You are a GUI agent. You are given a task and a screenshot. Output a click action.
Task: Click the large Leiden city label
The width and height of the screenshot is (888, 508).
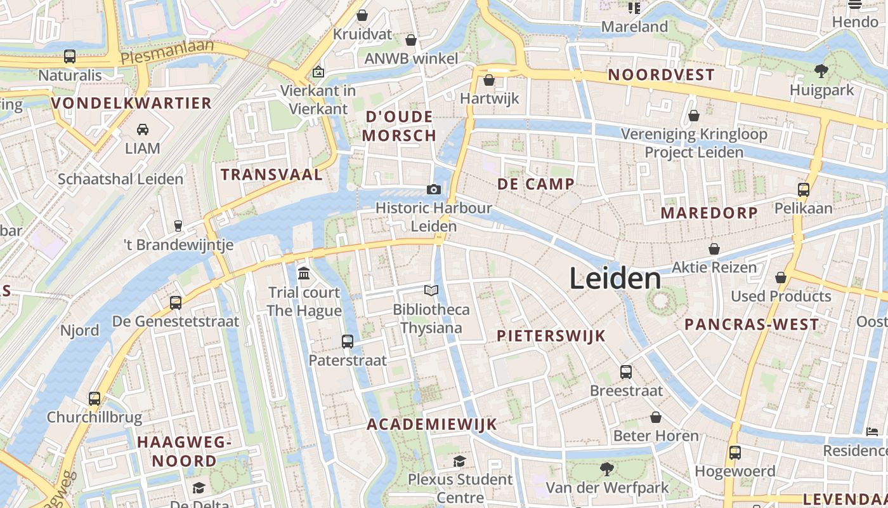[615, 278]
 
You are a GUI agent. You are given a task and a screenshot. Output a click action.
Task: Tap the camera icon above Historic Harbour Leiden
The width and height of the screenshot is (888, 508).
[434, 189]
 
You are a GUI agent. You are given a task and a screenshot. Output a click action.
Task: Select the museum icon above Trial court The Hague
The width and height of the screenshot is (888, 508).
[304, 274]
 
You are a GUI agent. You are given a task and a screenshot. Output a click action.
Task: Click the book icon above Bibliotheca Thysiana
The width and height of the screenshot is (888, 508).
[431, 291]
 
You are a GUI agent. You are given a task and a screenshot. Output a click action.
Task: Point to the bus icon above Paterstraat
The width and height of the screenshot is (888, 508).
[348, 342]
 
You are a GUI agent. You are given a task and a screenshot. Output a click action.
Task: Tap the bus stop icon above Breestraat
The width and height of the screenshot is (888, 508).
[626, 372]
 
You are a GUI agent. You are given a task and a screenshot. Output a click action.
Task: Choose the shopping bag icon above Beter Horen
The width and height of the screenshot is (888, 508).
[656, 417]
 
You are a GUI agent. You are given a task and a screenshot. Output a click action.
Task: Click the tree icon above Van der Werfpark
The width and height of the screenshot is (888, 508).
[607, 469]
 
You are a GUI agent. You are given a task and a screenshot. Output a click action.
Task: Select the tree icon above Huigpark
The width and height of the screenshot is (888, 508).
[821, 70]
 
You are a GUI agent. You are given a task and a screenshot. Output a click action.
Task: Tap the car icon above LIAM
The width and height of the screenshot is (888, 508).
[143, 130]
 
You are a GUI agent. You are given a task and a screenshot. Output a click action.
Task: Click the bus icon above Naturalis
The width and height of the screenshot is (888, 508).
[70, 57]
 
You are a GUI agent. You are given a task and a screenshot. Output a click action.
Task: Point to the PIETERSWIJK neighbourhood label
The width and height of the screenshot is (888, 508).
[551, 336]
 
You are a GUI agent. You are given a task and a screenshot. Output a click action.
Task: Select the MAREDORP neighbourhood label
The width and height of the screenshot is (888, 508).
[709, 213]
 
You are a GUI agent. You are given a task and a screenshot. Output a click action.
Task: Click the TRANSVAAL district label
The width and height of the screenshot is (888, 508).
[271, 175]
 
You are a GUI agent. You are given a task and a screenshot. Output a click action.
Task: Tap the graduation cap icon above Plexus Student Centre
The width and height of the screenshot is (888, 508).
[459, 461]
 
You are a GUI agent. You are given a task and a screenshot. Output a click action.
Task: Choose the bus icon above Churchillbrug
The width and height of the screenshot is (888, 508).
[95, 399]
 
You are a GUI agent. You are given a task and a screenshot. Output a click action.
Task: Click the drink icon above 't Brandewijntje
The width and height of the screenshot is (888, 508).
[178, 225]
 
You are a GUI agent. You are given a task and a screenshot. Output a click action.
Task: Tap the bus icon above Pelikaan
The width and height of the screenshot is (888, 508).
[804, 189]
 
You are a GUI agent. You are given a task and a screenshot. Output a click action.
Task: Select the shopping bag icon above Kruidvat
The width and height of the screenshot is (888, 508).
[362, 15]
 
